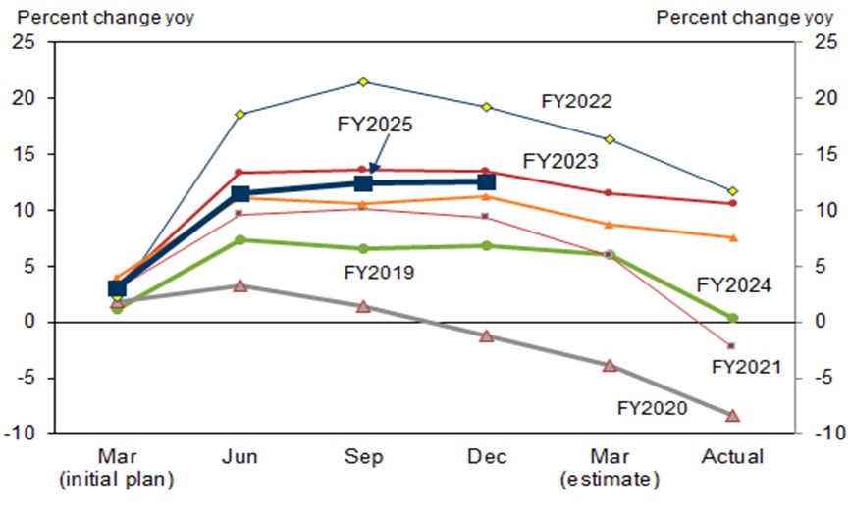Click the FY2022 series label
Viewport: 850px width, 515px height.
577,101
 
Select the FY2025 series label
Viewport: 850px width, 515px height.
375,125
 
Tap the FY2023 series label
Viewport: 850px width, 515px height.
559,161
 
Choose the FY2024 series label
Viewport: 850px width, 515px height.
733,285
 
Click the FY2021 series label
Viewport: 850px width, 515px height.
746,367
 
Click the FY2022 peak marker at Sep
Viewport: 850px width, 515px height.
363,81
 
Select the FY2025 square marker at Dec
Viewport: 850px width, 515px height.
486,181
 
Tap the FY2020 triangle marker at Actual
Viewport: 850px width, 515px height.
732,416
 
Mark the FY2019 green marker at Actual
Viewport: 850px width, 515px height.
732,318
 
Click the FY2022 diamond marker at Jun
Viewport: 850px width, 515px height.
240,115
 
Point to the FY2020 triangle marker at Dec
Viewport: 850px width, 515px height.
486,335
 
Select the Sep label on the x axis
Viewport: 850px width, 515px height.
363,457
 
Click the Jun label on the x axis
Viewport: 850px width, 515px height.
240,457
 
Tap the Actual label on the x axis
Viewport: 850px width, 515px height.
732,457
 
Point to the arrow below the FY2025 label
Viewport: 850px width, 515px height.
373,167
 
